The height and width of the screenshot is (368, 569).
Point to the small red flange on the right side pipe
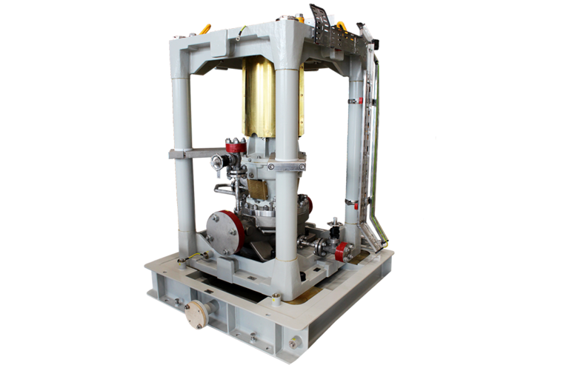[x=342, y=252]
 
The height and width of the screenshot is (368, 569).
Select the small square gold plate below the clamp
[x=258, y=189]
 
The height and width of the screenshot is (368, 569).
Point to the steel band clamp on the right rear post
[x=355, y=97]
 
